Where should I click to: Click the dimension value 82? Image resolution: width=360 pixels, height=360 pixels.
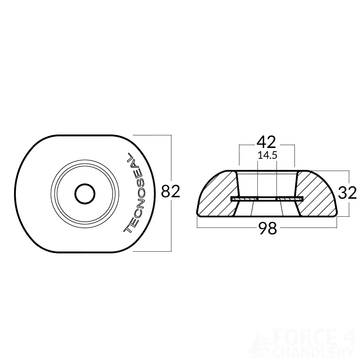click(x=170, y=192)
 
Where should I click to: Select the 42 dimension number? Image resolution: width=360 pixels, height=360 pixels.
click(x=266, y=143)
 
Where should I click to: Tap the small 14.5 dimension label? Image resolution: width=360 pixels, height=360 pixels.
click(x=267, y=156)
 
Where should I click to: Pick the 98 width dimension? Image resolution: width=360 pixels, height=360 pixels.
click(x=267, y=228)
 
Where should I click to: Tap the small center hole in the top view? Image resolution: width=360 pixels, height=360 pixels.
click(x=85, y=194)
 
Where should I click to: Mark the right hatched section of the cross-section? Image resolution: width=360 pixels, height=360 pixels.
click(x=317, y=194)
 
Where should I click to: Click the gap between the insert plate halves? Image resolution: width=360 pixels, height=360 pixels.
click(x=267, y=199)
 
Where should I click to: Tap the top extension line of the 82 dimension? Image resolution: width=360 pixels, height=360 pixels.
click(x=151, y=135)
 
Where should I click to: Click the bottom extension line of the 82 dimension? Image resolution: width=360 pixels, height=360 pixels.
click(x=151, y=251)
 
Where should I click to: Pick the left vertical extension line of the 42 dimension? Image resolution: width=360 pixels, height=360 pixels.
click(x=239, y=157)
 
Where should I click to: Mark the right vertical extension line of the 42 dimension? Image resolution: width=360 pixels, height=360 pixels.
click(x=295, y=157)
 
